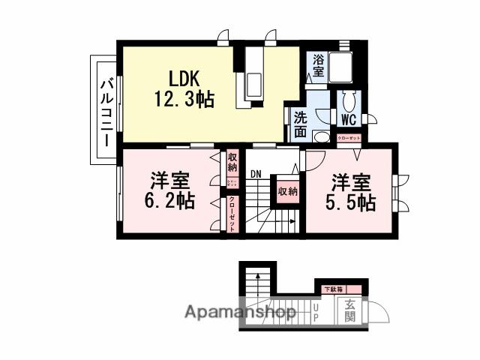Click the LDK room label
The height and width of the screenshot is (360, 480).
coord(184,78)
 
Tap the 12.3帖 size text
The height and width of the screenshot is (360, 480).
coord(184,98)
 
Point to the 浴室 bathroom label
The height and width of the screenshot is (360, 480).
coord(318,66)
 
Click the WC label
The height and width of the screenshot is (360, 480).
coord(348,119)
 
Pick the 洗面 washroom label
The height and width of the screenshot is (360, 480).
coord(300,124)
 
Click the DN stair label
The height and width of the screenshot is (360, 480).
coord(256,173)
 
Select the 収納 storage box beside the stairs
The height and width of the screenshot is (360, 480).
coord(287,192)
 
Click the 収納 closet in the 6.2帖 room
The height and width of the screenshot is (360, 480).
coord(232,162)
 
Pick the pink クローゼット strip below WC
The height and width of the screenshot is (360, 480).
coord(349,138)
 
